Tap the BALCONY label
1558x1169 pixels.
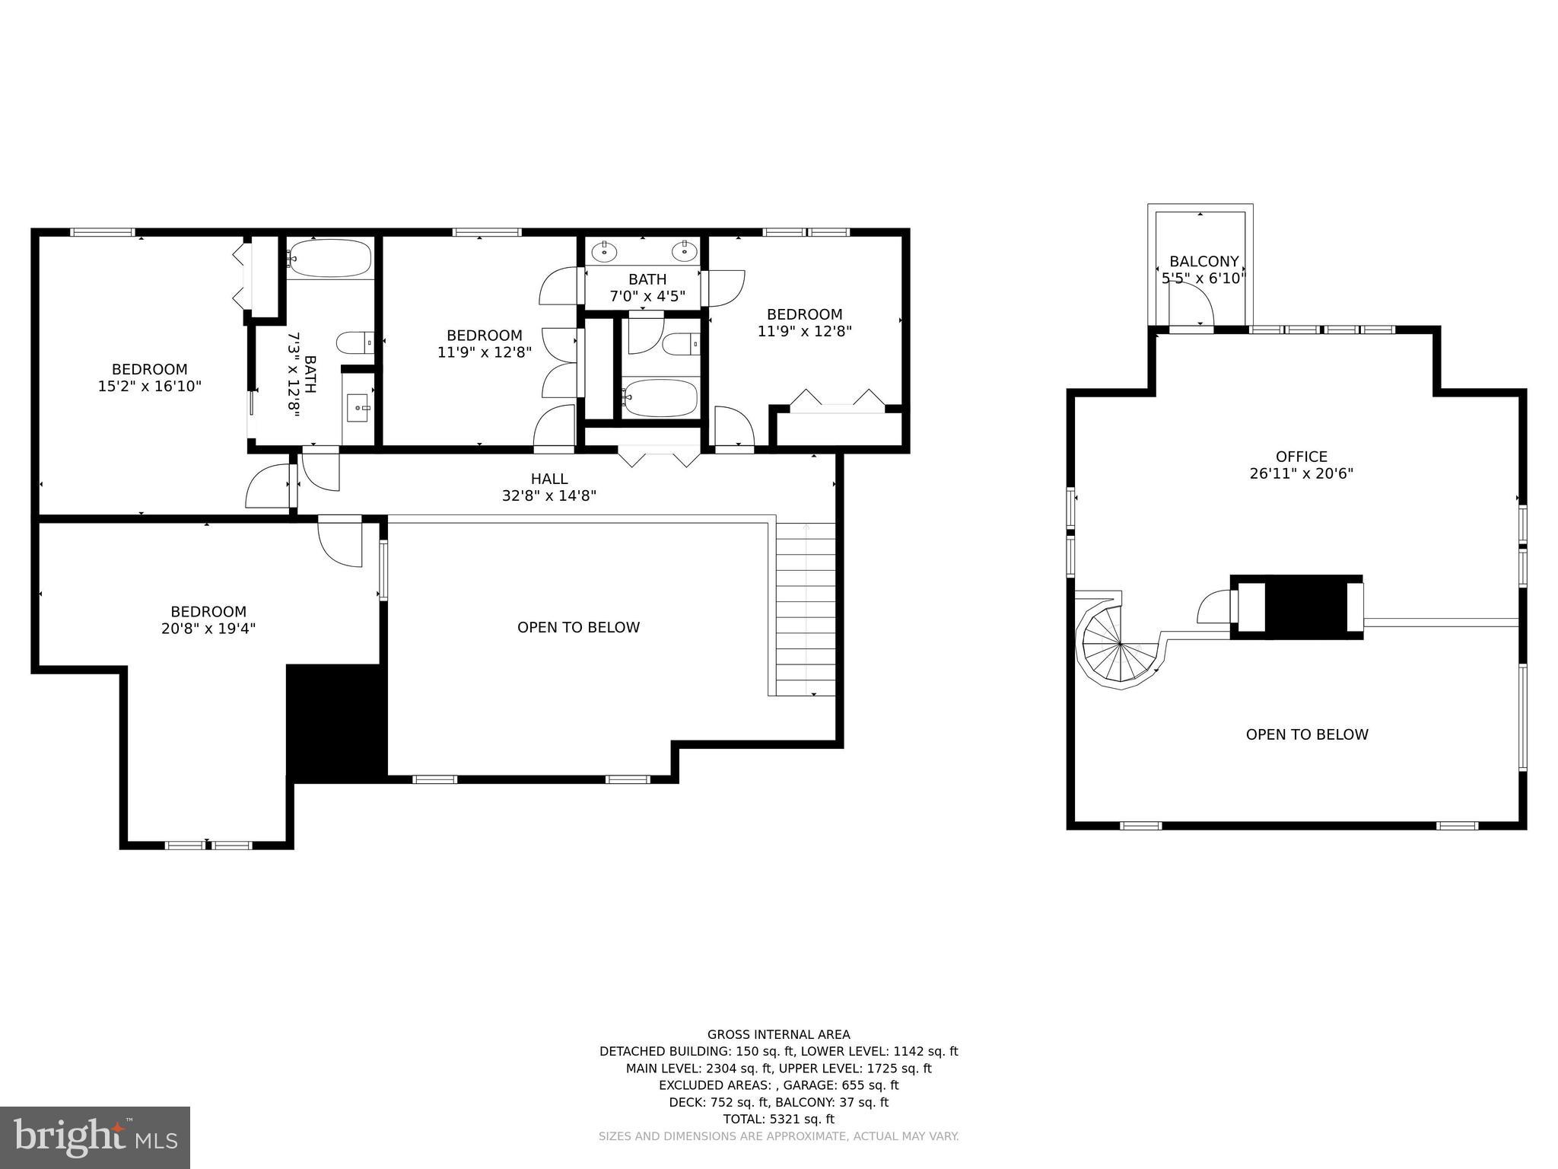(x=1203, y=262)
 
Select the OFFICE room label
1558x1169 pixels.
(x=1301, y=457)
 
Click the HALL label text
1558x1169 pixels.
(x=549, y=479)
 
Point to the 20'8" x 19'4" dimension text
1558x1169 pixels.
(x=208, y=629)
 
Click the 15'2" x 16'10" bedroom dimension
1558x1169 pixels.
(x=149, y=387)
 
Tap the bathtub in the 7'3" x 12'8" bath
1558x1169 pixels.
(x=330, y=259)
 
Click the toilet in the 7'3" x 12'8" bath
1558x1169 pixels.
(x=355, y=342)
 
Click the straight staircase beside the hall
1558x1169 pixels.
(x=806, y=609)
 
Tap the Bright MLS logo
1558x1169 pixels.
(x=95, y=1137)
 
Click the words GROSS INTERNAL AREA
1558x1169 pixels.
(x=778, y=1034)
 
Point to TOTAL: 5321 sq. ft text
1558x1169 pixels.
(x=778, y=1119)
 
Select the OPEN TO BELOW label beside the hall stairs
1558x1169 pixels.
(x=578, y=627)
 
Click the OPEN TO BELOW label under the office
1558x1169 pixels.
(x=1306, y=734)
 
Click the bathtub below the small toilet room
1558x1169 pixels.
(x=660, y=398)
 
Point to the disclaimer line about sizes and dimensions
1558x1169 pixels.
(x=778, y=1136)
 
